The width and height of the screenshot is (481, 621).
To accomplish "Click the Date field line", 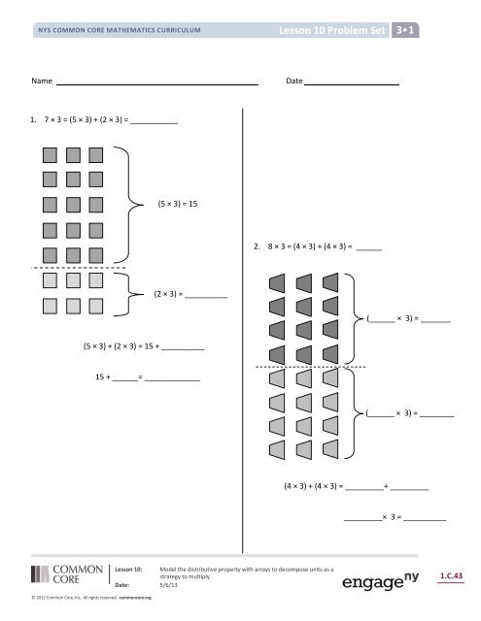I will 354,85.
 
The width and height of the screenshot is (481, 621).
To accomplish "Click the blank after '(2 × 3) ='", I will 206,296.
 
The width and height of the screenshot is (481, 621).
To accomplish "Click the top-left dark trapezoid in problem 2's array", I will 276,283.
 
